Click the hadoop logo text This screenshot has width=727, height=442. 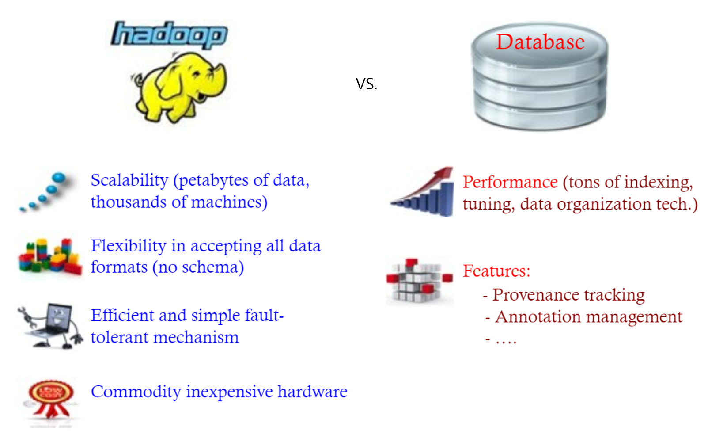[x=169, y=34]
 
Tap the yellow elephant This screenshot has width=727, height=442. [x=181, y=86]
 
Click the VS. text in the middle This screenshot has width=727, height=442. [x=366, y=84]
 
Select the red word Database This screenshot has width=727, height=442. [x=540, y=42]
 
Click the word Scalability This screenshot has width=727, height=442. [x=129, y=180]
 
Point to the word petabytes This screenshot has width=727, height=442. [x=214, y=180]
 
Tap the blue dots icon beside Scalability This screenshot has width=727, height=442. [x=44, y=192]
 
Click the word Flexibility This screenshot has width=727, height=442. [x=128, y=246]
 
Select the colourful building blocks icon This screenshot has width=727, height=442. [x=49, y=256]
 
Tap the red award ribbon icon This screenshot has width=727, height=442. [x=51, y=398]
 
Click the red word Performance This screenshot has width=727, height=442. [x=510, y=182]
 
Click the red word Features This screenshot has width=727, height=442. [x=496, y=271]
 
